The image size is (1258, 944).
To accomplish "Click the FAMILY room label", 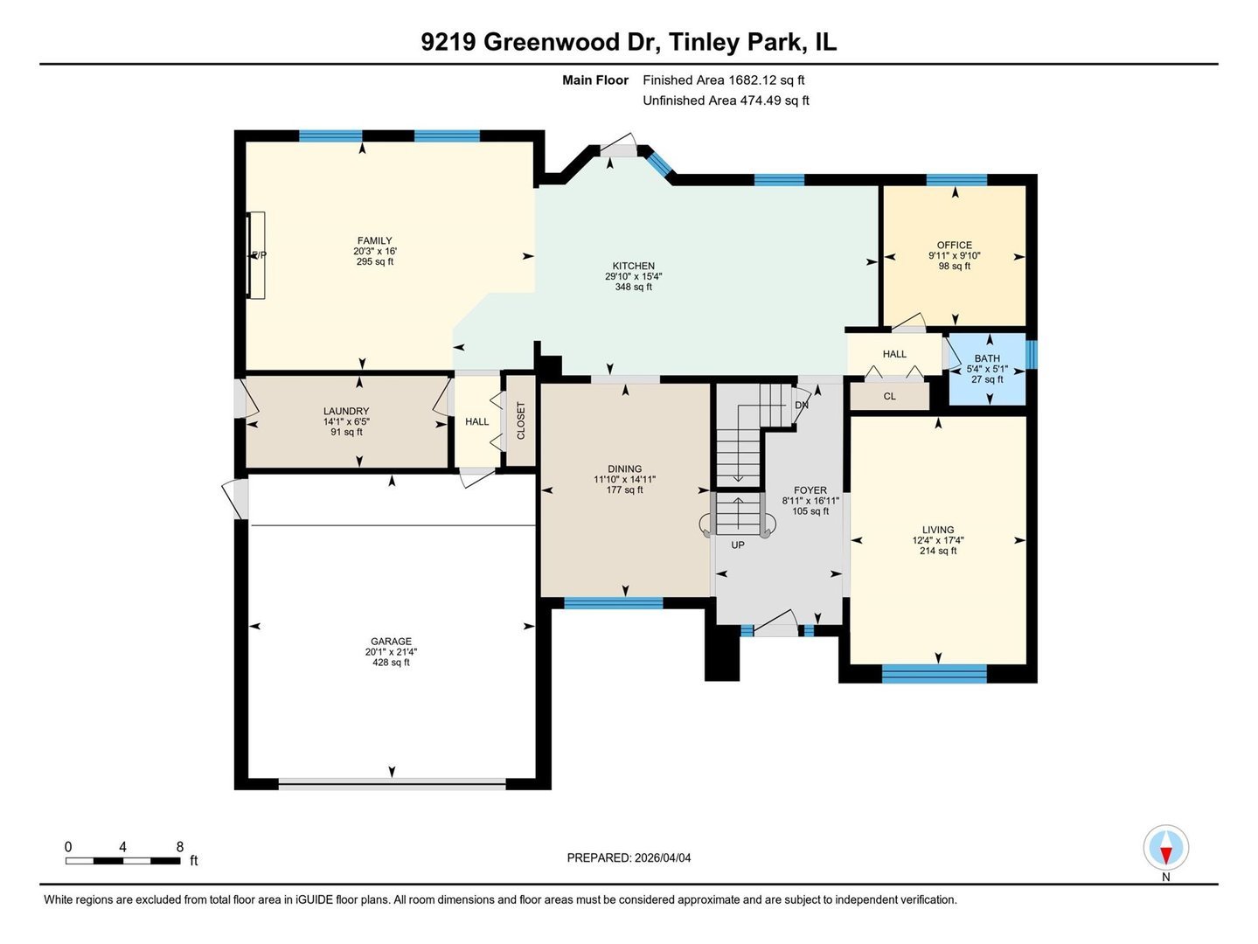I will (374, 240).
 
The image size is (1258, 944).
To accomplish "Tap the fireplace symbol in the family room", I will (256, 255).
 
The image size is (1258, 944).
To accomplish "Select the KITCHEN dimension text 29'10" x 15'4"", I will (633, 276).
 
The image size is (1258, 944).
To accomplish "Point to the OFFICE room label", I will (954, 246).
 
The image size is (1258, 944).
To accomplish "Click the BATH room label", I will (987, 358).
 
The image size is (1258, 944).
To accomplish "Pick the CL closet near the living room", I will (889, 397).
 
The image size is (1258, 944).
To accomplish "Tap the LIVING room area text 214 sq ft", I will (938, 551).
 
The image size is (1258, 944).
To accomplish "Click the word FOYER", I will (810, 490).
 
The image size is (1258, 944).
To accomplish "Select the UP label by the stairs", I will (738, 545).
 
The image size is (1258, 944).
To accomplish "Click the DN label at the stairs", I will (801, 406).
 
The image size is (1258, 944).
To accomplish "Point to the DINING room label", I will (624, 469).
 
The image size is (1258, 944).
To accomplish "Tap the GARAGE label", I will (391, 642).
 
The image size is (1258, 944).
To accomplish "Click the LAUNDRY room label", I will (346, 411).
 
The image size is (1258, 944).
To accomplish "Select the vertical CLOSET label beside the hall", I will (521, 420).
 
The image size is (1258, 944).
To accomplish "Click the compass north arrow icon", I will (1165, 847).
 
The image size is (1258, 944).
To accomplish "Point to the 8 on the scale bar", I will (180, 847).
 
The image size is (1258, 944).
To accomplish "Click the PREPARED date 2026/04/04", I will (661, 857).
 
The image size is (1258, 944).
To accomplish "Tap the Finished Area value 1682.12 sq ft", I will (766, 80).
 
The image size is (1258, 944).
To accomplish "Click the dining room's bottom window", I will (613, 602).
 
